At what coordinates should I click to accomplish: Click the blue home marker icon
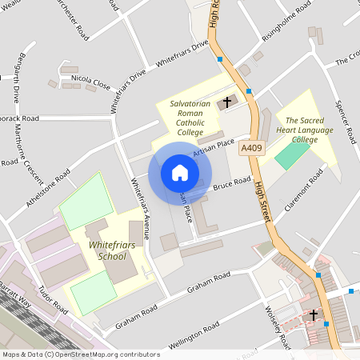[180, 173]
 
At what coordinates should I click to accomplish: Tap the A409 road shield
[250, 147]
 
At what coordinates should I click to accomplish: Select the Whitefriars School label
[107, 250]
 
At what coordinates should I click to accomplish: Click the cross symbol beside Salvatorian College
[227, 102]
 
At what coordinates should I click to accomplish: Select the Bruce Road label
[232, 183]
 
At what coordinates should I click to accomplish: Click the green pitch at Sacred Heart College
[291, 154]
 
